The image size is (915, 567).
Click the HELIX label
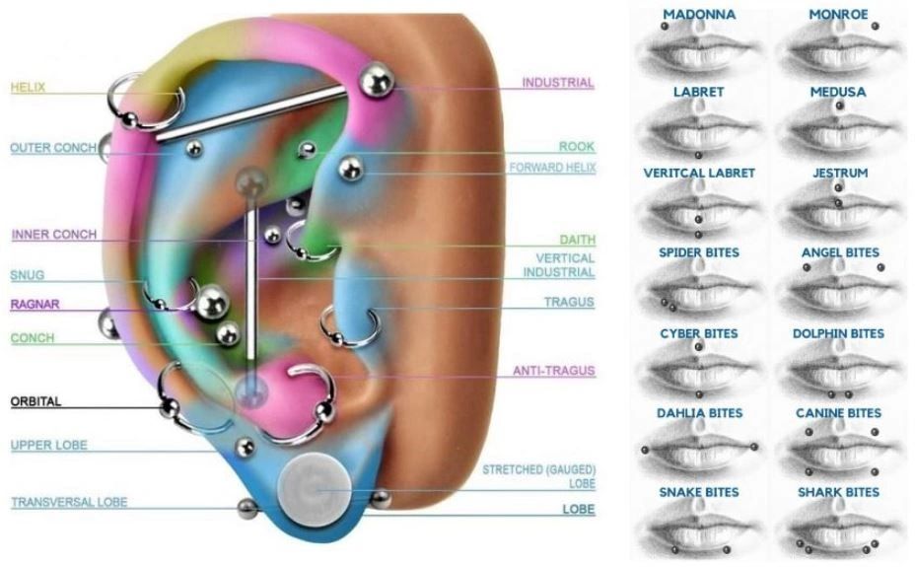pyautogui.click(x=28, y=88)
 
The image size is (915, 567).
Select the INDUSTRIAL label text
pyautogui.click(x=558, y=83)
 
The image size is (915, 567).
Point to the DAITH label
pyautogui.click(x=577, y=240)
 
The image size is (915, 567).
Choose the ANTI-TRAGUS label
pyautogui.click(x=553, y=371)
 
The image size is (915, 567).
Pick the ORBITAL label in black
pyautogui.click(x=35, y=401)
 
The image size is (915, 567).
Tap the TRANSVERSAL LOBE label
pyautogui.click(x=69, y=502)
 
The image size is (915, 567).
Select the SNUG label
pyautogui.click(x=28, y=275)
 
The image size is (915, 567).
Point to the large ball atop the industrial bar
pyautogui.click(x=375, y=80)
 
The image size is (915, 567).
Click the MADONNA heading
pyautogui.click(x=698, y=14)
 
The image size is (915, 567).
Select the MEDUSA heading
pyautogui.click(x=837, y=92)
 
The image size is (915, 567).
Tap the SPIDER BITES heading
pyautogui.click(x=698, y=252)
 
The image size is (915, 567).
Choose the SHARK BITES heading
pyautogui.click(x=837, y=492)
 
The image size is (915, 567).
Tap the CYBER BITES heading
pyautogui.click(x=698, y=333)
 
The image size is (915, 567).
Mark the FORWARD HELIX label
pyautogui.click(x=552, y=168)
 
